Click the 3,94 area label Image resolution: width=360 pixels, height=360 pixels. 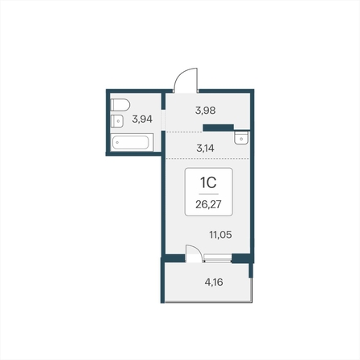coord(142,119)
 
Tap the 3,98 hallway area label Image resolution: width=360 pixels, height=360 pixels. coord(206,111)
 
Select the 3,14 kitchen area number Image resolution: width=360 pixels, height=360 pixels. coord(205,148)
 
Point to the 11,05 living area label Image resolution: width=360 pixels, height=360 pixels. coord(220,235)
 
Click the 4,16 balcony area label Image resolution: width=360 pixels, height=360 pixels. coord(214,283)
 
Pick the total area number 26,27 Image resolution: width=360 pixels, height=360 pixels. coord(208,205)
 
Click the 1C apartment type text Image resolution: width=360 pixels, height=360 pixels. coord(208,183)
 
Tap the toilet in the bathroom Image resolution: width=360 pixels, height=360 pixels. coord(120,105)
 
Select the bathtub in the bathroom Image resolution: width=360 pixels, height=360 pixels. coord(132,142)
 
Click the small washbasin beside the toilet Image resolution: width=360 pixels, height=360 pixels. coord(117,121)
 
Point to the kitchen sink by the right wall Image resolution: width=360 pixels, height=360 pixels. coord(241,138)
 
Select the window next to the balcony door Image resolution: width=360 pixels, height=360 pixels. coord(218,258)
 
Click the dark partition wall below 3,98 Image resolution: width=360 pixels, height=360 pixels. coord(218,128)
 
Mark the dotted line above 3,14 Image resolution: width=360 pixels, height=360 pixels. coord(184,132)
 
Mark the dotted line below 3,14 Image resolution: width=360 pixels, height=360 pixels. coord(207,159)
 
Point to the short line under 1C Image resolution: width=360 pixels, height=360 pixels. coord(208,194)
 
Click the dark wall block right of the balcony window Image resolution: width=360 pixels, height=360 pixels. coord(241,258)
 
